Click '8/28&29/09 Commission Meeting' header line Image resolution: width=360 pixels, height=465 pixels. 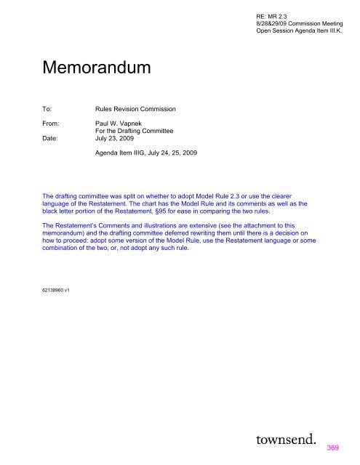(299, 23)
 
